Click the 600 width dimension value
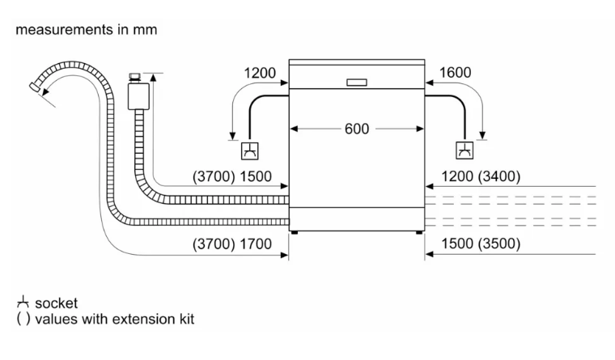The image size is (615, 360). tap(357, 129)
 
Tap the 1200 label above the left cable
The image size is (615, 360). tap(260, 74)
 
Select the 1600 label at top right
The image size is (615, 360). tap(454, 74)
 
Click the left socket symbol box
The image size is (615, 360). tap(250, 150)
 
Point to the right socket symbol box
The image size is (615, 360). tap(465, 150)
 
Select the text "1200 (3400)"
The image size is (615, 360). tap(481, 177)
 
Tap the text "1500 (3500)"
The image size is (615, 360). tap(481, 244)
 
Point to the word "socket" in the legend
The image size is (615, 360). tap(57, 303)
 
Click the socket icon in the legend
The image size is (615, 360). tap(23, 303)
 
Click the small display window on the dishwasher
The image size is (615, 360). tap(356, 83)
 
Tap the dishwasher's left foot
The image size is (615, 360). tap(295, 232)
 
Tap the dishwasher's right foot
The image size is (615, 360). tap(419, 232)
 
